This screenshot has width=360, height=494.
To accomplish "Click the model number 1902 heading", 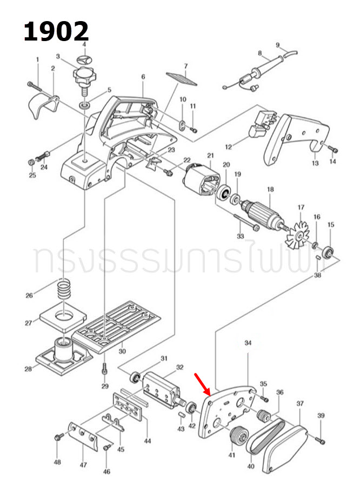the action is tap(56, 31).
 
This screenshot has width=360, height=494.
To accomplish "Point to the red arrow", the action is tap(203, 384).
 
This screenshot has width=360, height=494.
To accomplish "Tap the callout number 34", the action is tap(248, 343).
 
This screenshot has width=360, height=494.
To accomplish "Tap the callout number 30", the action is tap(122, 351).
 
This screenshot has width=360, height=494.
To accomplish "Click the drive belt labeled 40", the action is tap(265, 435).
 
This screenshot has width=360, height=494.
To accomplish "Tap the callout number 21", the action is tap(210, 155).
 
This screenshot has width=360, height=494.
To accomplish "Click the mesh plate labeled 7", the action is tap(182, 78).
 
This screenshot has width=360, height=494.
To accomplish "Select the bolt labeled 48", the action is tap(59, 437).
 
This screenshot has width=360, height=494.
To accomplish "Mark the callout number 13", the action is tap(315, 163).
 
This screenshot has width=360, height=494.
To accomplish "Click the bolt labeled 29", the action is tap(104, 369).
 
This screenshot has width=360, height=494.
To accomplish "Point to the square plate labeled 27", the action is tap(63, 318).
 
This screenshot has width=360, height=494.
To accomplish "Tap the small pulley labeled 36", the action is tap(263, 416).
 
